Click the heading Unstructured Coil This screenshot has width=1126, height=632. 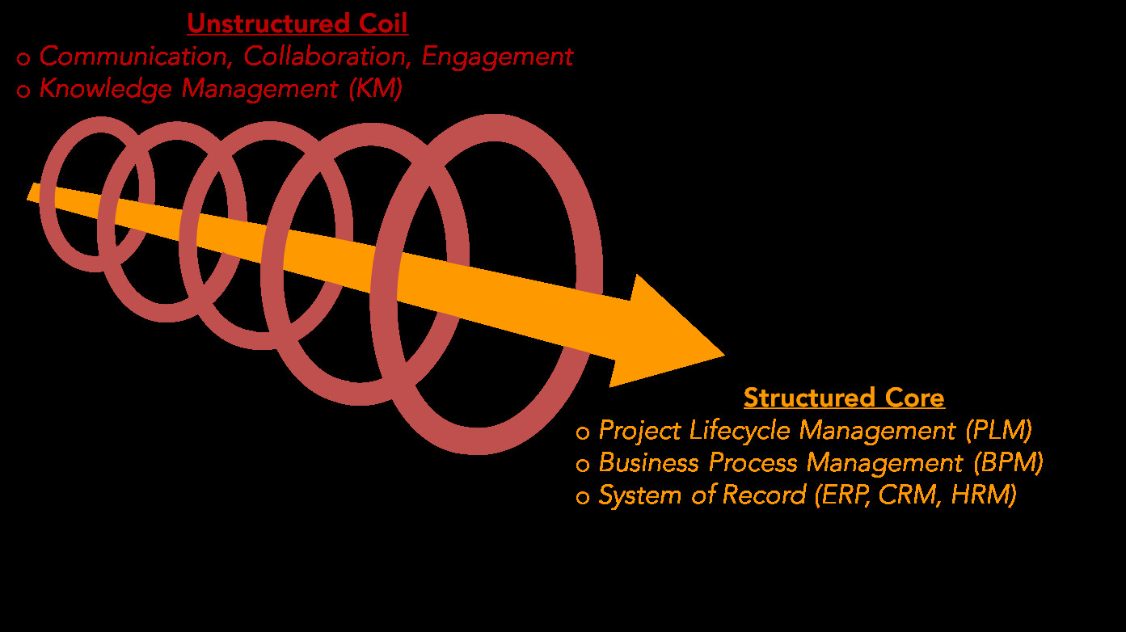coord(297,24)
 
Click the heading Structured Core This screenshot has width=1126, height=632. coord(843,398)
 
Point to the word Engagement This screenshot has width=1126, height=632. coord(497,57)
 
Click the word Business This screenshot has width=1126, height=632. coord(649,463)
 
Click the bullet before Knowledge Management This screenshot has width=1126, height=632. coord(23,91)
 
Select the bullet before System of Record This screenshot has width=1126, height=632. coord(582,497)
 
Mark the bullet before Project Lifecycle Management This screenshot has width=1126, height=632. coord(582,433)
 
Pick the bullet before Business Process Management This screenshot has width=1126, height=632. coord(582,466)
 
